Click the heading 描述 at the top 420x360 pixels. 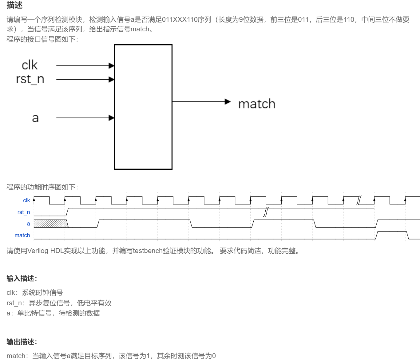[x=14, y=5]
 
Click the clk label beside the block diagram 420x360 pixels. [x=30, y=65]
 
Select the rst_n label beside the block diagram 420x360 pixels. [x=30, y=79]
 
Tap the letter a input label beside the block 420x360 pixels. [x=35, y=118]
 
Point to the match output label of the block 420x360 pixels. [x=257, y=104]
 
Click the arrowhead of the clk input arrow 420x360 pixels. [x=112, y=65]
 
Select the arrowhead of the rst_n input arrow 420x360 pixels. [x=112, y=80]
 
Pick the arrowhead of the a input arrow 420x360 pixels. [x=112, y=118]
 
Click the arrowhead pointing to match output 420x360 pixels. [x=228, y=101]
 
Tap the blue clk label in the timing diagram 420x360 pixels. [x=26, y=200]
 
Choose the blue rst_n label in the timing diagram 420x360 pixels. [x=24, y=212]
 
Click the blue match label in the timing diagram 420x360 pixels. [x=22, y=235]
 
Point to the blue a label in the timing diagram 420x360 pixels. [x=28, y=224]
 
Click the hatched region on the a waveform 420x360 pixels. [x=50, y=224]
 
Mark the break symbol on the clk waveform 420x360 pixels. [x=359, y=200]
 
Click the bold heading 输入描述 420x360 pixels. [x=22, y=279]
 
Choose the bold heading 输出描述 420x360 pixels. [x=22, y=342]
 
